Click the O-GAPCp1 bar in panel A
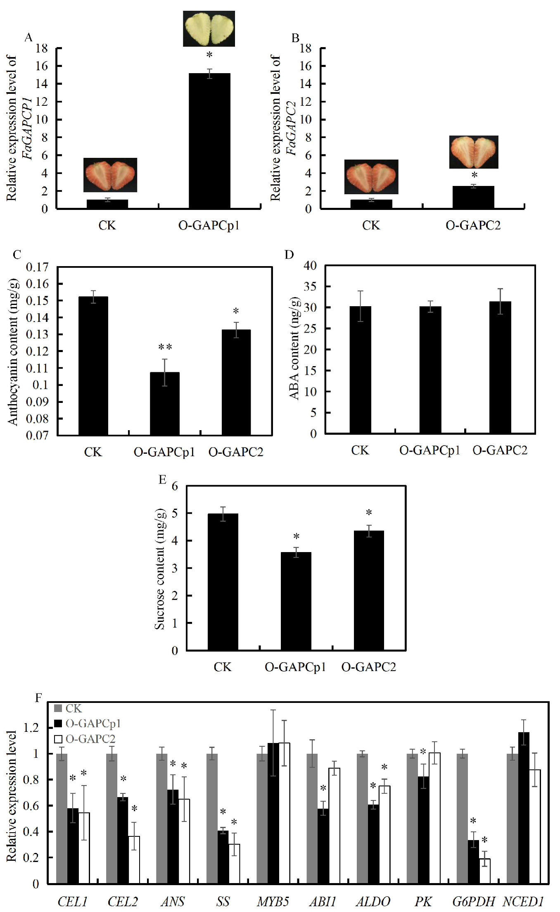pos(209,140)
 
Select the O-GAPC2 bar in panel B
pos(473,197)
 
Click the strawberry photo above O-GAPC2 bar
pos(474,152)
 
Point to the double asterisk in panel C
pos(165,347)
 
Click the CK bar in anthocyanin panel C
pos(93,366)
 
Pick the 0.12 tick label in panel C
pos(37,351)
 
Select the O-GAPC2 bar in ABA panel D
pos(500,367)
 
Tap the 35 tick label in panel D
pos(311,286)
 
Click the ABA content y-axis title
pos(294,348)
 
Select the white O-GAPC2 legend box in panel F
pos(58,738)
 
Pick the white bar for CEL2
pos(134,860)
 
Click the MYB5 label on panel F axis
pos(273,901)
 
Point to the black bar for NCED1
pos(524,808)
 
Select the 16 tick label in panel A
pos(42,66)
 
